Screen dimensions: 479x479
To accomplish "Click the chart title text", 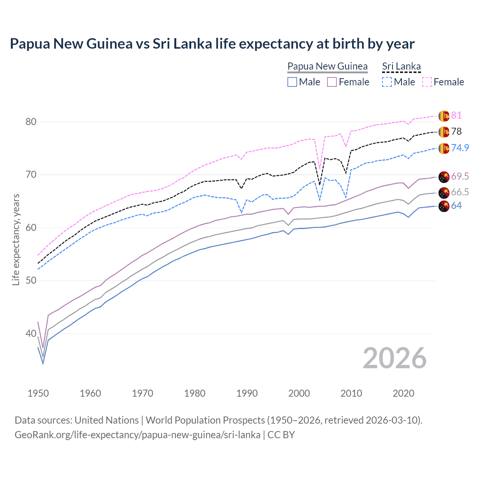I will click(x=212, y=44).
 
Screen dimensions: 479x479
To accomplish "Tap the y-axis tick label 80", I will click(x=31, y=122).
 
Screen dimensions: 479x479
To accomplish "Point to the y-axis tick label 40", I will click(x=31, y=333).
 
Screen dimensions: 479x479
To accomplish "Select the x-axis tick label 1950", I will click(x=38, y=393).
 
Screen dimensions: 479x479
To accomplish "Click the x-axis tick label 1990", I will click(x=247, y=393).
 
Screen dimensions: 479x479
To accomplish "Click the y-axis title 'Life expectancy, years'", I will click(x=16, y=240).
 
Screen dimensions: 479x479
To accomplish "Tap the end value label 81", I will click(x=456, y=115).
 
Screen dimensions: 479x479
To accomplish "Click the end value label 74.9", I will click(x=460, y=148).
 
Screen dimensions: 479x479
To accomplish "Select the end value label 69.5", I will click(x=460, y=176).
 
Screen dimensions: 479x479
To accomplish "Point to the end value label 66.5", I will click(x=460, y=192).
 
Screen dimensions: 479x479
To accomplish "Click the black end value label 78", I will click(x=456, y=131).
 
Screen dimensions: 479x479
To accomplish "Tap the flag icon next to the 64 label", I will click(x=444, y=206).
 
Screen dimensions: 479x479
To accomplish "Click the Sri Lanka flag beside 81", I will click(x=444, y=116).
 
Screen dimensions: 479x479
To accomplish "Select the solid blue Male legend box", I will click(x=292, y=82).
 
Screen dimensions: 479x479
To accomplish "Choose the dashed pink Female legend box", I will click(x=427, y=82).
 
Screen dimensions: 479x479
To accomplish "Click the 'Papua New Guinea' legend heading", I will click(x=327, y=66).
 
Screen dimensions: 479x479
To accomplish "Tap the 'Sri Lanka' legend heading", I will click(x=401, y=66).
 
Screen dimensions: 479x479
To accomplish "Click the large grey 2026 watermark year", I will click(x=395, y=358).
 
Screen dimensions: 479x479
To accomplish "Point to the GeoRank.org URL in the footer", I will click(x=137, y=435).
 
